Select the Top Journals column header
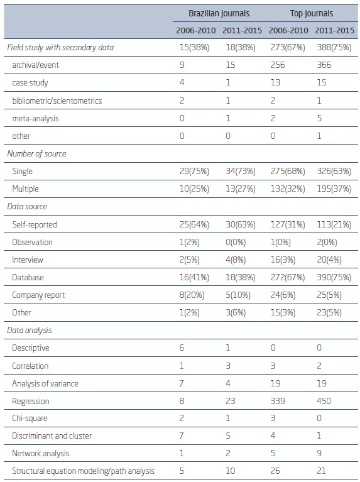point(311,13)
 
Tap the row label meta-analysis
point(32,118)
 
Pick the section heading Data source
point(27,206)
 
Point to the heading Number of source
point(36,153)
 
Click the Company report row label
point(38,295)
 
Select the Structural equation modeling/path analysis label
point(83,471)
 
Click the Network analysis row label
point(40,454)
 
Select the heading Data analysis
point(29,330)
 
